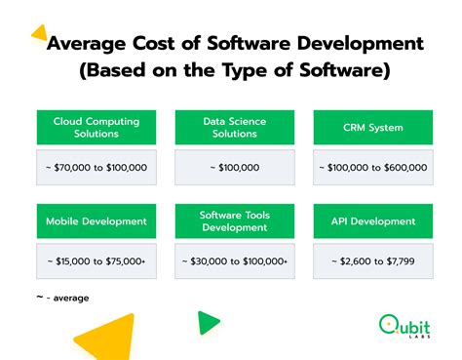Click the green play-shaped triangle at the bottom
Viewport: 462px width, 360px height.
click(207, 323)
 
